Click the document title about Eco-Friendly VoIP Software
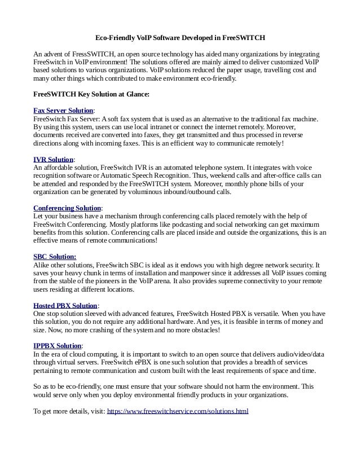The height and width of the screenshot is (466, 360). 180,38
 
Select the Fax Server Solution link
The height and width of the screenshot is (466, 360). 63,111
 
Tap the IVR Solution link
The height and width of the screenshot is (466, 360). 54,160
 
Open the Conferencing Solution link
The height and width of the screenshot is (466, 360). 67,208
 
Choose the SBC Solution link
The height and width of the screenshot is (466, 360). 55,257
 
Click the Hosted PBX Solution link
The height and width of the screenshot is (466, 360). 65,306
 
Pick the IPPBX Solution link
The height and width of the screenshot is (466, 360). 58,345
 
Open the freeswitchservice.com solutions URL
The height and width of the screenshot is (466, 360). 178,411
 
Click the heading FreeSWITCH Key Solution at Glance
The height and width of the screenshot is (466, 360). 91,94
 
